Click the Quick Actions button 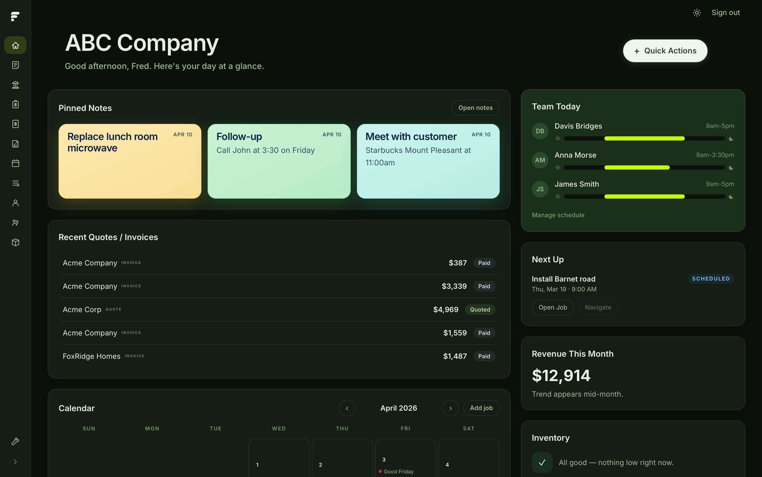click(x=665, y=51)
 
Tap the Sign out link click(x=725, y=13)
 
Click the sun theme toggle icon click(x=697, y=13)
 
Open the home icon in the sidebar click(x=15, y=45)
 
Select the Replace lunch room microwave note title click(x=112, y=142)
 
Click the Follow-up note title click(x=239, y=137)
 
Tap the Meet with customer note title click(x=411, y=137)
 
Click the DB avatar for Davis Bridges click(x=540, y=131)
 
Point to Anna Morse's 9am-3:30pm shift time click(x=715, y=155)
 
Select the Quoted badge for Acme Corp click(x=480, y=310)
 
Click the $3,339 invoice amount click(x=454, y=286)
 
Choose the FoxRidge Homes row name click(x=91, y=356)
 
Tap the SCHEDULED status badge click(x=711, y=279)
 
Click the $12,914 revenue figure click(x=561, y=375)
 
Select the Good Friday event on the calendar click(x=398, y=471)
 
